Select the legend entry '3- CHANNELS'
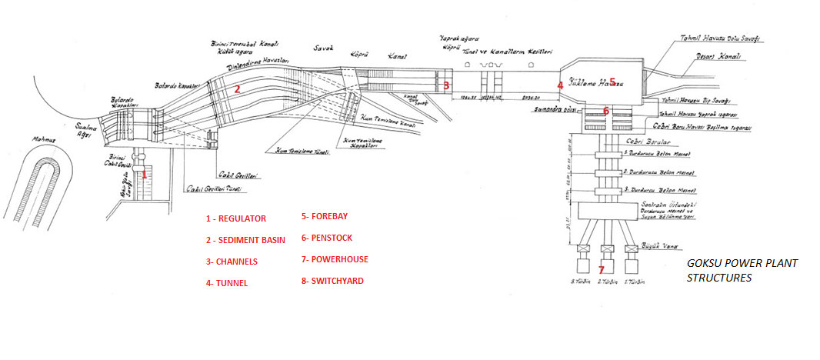[232, 262]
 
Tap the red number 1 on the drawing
[144, 175]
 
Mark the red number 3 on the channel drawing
[446, 85]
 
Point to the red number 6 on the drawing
[606, 111]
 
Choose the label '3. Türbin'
[580, 283]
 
